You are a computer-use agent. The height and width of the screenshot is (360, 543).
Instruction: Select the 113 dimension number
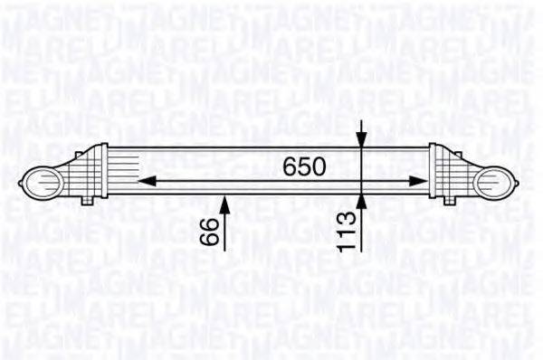click(x=361, y=231)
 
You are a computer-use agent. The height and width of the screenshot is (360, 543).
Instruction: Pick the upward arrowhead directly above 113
click(x=361, y=200)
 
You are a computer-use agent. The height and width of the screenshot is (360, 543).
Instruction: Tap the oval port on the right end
click(x=498, y=181)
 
